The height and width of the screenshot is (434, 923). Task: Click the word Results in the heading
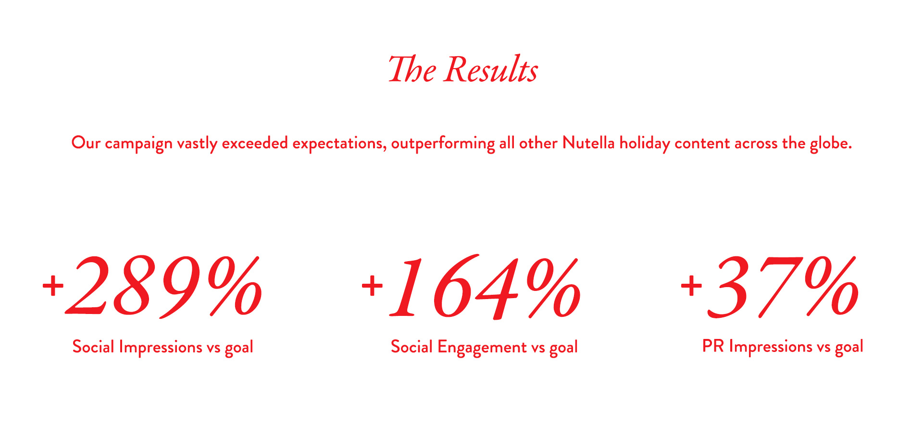491,70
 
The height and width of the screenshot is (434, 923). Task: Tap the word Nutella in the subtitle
588,143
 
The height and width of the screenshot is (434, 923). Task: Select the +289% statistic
153,287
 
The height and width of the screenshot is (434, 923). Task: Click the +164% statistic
471,287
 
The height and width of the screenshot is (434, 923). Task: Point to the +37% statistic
770,287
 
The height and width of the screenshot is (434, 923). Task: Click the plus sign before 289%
53,287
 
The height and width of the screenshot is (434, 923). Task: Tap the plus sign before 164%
372,286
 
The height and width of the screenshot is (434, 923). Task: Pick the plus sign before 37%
691,286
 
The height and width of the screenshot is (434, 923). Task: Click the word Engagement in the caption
482,348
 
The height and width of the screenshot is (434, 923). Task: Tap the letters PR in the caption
713,346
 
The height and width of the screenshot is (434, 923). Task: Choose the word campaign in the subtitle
138,144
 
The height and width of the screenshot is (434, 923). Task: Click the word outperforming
443,144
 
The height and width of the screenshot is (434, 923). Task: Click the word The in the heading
412,70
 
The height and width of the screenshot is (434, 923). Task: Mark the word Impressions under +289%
161,347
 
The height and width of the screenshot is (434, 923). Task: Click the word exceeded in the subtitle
255,143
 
